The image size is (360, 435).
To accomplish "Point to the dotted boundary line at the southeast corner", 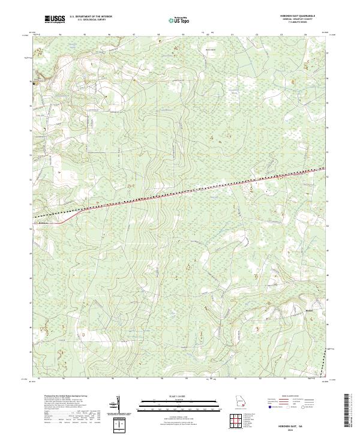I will pos(325,363).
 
